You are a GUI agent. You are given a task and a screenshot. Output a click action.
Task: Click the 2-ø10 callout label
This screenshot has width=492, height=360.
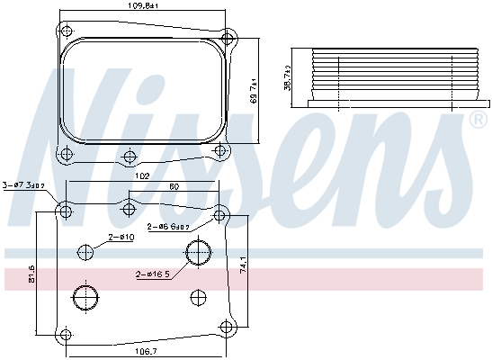pos(121,237)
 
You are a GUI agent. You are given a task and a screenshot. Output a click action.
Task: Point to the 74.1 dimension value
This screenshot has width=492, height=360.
pos(242,265)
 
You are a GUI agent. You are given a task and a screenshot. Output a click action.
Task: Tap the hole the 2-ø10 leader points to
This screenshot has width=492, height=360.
pos(86,252)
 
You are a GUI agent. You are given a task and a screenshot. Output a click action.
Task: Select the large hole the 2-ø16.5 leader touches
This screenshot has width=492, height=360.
pos(197,254)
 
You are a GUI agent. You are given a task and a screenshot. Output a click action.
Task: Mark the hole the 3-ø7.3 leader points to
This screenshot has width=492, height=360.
pos(65,211)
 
